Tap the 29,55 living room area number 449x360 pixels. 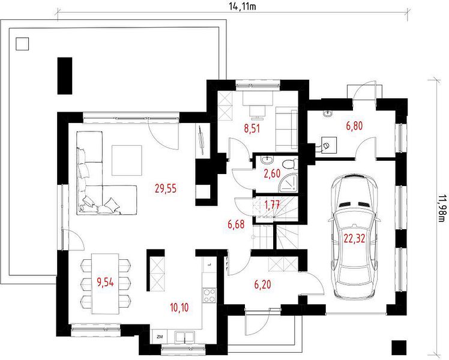tap(166, 188)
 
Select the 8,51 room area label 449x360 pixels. tap(252, 128)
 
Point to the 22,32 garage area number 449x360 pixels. tap(355, 238)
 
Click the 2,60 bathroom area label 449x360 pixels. tap(272, 173)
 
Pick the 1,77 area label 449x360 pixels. tap(272, 205)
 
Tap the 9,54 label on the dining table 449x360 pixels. tap(106, 283)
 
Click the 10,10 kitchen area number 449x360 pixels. tap(179, 308)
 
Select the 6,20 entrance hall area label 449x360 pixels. tap(262, 284)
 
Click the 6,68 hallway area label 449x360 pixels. tap(237, 224)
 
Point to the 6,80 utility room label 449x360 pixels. tap(355, 125)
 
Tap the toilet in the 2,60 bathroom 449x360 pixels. tap(290, 164)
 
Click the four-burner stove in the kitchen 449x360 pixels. tap(209, 295)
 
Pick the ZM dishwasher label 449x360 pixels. tap(160, 337)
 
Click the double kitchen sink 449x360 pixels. tap(185, 337)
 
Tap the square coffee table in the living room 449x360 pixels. tap(127, 160)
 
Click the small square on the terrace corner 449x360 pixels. tap(22, 44)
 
